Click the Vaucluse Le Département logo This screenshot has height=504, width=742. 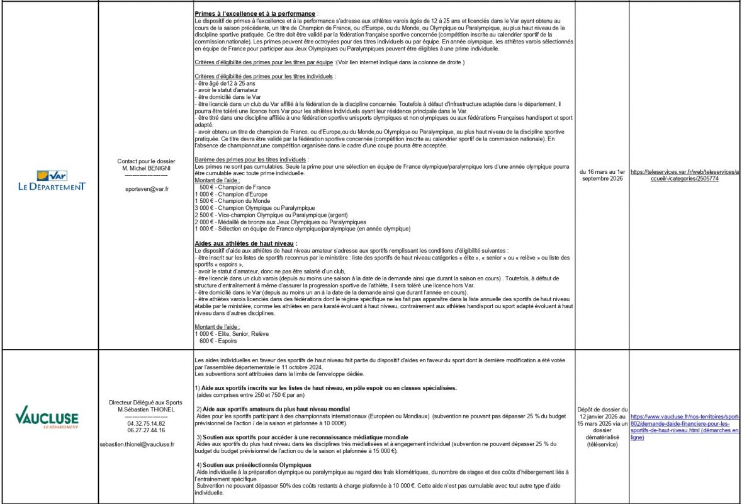(x=47, y=420)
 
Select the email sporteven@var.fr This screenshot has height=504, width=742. (x=145, y=188)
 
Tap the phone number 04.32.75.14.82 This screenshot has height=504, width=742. (x=145, y=424)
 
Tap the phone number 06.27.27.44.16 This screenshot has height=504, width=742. (x=145, y=431)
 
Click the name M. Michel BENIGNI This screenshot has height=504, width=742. (x=145, y=168)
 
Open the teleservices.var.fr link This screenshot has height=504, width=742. (x=685, y=175)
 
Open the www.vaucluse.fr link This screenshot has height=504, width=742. (x=685, y=427)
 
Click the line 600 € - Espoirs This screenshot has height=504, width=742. (x=218, y=341)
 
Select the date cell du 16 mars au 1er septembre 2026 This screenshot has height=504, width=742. (x=602, y=175)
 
